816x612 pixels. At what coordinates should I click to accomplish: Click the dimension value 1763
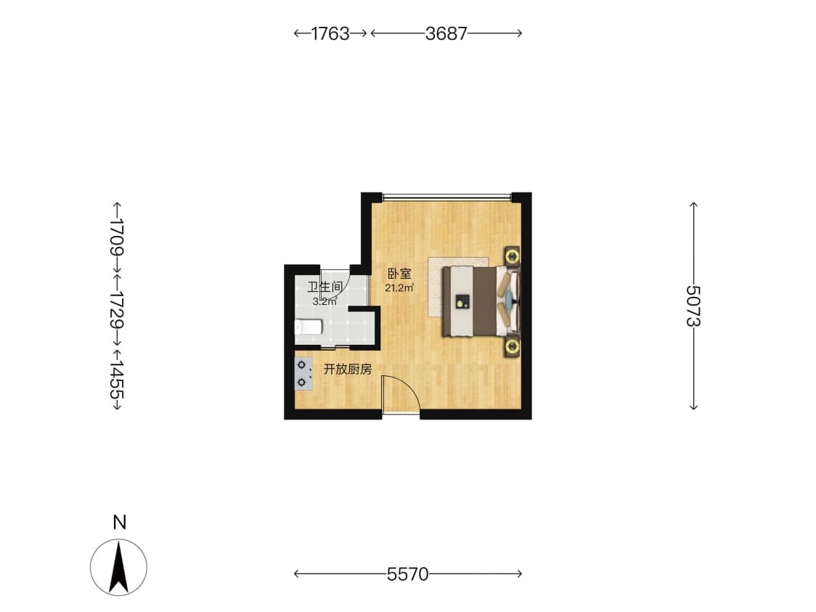[330, 33]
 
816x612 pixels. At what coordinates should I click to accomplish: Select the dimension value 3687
[446, 33]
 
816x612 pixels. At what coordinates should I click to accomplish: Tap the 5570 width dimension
[407, 574]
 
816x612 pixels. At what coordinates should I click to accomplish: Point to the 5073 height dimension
[693, 306]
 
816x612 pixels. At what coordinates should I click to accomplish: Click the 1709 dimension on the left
[117, 236]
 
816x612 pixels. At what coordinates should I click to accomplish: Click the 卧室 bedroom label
[399, 274]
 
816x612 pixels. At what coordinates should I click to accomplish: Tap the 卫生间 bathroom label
[325, 287]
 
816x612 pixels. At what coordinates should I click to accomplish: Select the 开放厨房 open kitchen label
[348, 370]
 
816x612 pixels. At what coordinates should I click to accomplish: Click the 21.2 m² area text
[399, 287]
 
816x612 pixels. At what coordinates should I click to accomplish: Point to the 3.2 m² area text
[325, 301]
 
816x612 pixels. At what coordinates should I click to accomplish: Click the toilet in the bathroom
[308, 327]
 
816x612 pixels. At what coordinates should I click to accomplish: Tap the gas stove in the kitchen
[304, 374]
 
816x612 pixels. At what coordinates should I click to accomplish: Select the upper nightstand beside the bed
[512, 256]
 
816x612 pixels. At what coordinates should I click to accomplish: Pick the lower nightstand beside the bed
[512, 346]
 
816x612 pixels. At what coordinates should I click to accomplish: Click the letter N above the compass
[120, 522]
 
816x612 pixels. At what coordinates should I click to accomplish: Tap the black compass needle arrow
[119, 567]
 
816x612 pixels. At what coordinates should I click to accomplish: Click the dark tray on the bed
[462, 302]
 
